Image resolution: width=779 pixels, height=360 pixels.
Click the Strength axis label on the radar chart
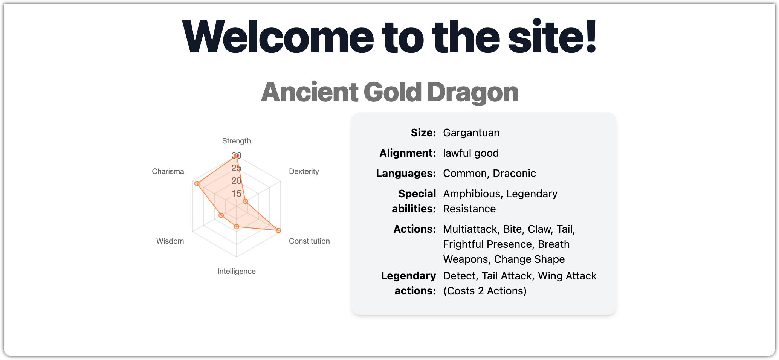click(236, 141)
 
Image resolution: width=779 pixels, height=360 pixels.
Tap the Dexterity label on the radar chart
click(304, 171)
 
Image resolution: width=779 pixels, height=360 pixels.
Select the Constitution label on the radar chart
click(309, 241)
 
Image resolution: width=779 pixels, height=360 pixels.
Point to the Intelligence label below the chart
click(236, 271)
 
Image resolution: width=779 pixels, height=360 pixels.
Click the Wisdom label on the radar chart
click(170, 241)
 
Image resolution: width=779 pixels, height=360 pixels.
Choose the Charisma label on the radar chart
click(168, 171)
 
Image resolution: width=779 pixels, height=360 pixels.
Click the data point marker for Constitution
click(278, 230)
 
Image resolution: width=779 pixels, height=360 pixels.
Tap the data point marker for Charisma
click(197, 183)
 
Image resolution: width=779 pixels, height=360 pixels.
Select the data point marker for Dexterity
click(245, 201)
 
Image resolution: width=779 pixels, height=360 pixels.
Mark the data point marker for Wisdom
click(221, 215)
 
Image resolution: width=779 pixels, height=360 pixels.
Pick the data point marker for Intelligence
click(237, 227)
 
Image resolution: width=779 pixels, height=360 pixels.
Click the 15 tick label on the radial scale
click(237, 194)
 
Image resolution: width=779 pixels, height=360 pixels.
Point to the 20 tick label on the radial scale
click(237, 181)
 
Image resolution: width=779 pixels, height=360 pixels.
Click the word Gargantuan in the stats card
click(471, 133)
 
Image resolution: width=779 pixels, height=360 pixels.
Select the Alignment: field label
click(408, 153)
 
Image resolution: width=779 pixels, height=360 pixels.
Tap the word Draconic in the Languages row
click(514, 173)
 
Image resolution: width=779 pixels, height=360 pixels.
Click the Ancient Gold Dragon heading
click(389, 93)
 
